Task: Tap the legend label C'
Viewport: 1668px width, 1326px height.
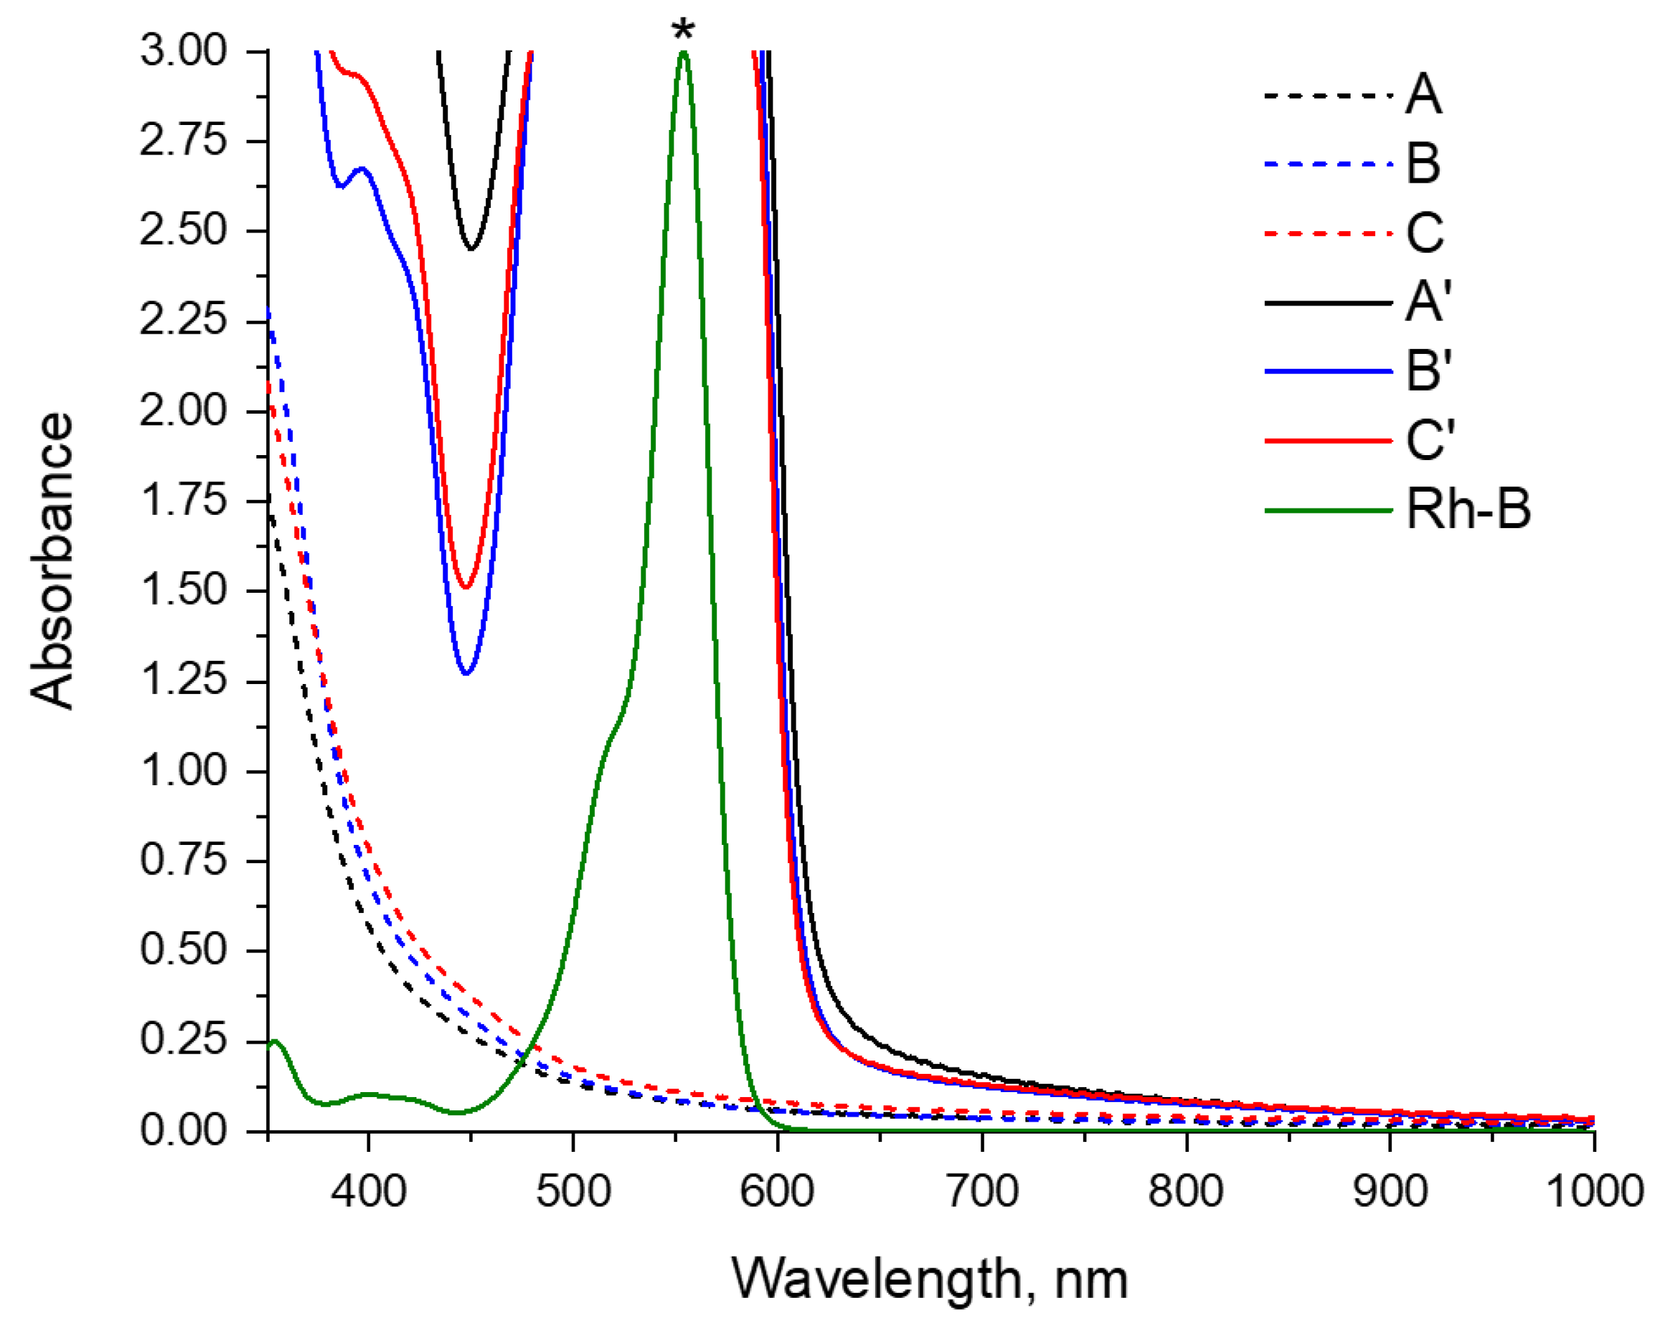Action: [1430, 440]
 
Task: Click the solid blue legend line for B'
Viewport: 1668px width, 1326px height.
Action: [1327, 372]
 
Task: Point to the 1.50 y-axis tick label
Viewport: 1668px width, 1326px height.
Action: [183, 590]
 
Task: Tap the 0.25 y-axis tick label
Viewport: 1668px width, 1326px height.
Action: [183, 1039]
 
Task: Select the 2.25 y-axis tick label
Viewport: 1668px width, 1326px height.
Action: [183, 320]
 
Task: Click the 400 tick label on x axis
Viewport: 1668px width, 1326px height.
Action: [368, 1191]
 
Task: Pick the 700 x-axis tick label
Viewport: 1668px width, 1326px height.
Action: [983, 1191]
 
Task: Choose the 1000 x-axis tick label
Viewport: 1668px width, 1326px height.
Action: [1594, 1191]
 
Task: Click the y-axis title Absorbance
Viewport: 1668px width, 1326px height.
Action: [52, 561]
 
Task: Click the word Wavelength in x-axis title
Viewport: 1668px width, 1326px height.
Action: [876, 1280]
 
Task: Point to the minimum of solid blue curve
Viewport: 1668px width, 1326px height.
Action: [466, 673]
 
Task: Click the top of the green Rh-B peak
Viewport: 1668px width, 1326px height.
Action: [683, 53]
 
